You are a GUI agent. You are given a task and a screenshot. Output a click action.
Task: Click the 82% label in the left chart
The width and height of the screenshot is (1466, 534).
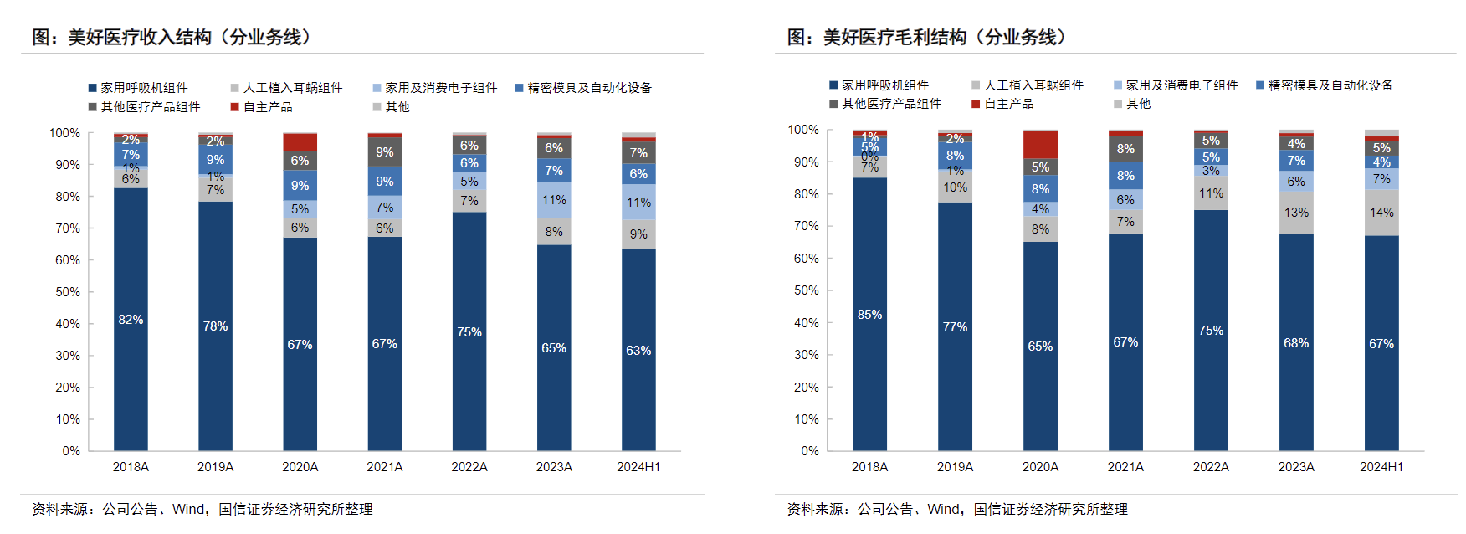pyautogui.click(x=131, y=320)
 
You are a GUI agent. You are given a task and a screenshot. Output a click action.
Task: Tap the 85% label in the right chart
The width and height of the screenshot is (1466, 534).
pyautogui.click(x=869, y=315)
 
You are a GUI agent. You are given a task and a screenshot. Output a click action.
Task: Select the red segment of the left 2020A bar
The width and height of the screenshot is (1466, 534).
pyautogui.click(x=300, y=141)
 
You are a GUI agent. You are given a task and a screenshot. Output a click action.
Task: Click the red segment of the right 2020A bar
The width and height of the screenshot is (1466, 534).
pyautogui.click(x=1040, y=144)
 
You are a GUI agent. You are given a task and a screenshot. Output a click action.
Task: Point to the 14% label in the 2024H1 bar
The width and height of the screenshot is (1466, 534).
pyautogui.click(x=1381, y=213)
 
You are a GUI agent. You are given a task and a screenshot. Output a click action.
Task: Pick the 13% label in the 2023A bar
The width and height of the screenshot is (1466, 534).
pyautogui.click(x=1296, y=213)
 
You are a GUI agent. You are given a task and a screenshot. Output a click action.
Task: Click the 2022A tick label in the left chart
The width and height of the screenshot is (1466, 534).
pyautogui.click(x=469, y=467)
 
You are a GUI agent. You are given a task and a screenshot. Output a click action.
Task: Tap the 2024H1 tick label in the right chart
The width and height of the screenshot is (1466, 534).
pyautogui.click(x=1381, y=467)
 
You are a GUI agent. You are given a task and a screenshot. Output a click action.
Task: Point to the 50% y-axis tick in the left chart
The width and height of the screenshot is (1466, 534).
pyautogui.click(x=68, y=292)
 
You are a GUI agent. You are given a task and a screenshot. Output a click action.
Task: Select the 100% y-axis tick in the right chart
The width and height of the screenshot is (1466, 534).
pyautogui.click(x=803, y=130)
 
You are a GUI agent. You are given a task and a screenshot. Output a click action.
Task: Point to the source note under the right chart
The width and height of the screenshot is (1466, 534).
pyautogui.click(x=957, y=509)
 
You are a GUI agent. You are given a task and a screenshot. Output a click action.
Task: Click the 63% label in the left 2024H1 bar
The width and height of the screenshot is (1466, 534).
pyautogui.click(x=638, y=351)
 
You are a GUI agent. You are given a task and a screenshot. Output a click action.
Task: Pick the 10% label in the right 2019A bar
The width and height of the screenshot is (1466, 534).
pyautogui.click(x=955, y=187)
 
